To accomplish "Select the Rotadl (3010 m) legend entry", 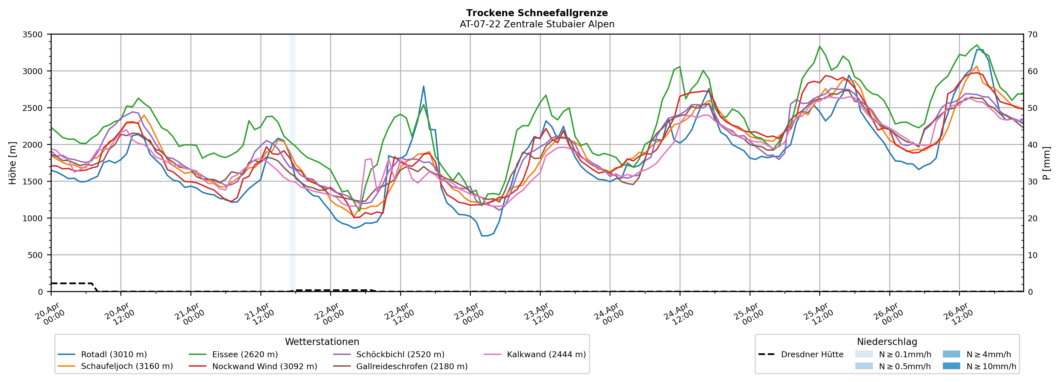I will pyautogui.click(x=114, y=354).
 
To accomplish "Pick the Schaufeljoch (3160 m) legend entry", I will pyautogui.click(x=127, y=366).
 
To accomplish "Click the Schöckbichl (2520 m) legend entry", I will pyautogui.click(x=400, y=354).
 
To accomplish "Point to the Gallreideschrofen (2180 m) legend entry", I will pyautogui.click(x=412, y=366).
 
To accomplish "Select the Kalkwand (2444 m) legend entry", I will pyautogui.click(x=546, y=354).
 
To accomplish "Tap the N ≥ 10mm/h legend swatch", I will pyautogui.click(x=951, y=366).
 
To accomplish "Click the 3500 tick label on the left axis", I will pyautogui.click(x=33, y=35).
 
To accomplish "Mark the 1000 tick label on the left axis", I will pyautogui.click(x=33, y=218).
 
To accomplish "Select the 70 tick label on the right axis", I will pyautogui.click(x=1032, y=35).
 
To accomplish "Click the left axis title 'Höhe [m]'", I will pyautogui.click(x=13, y=163).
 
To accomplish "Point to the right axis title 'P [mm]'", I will pyautogui.click(x=1047, y=163).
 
